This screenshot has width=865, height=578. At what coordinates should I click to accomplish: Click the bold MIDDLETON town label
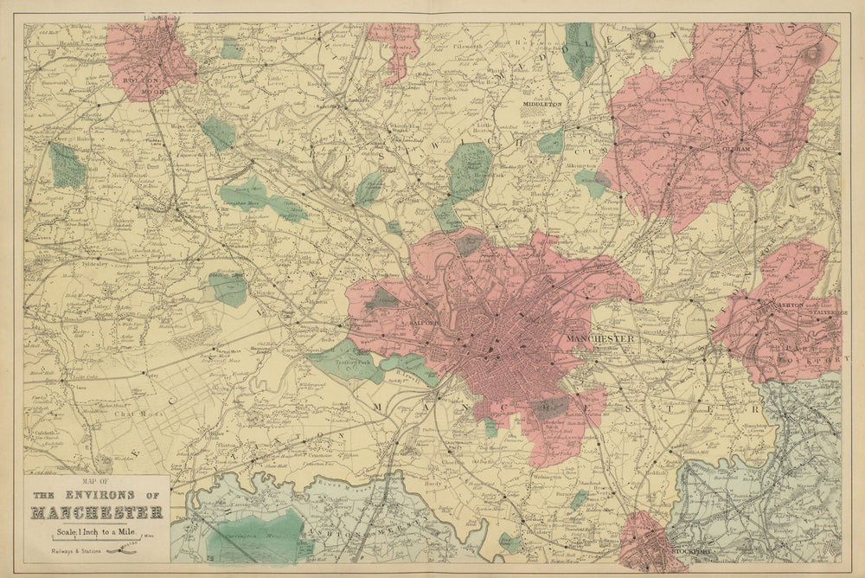pos(542,104)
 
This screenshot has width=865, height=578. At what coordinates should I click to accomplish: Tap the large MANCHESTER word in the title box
pos(96,512)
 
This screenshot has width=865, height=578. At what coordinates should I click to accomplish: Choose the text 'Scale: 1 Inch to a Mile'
pos(96,530)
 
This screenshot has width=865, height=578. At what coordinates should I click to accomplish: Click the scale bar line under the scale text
pos(96,539)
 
